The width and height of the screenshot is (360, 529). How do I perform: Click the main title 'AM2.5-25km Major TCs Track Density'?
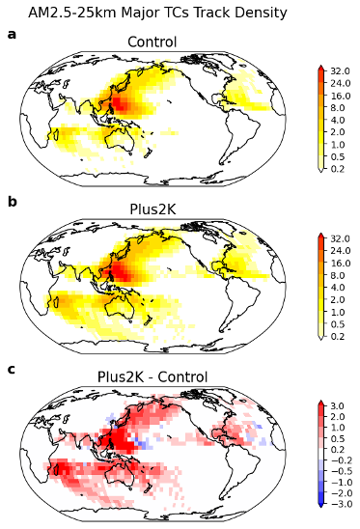157,13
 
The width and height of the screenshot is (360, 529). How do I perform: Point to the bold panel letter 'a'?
12,35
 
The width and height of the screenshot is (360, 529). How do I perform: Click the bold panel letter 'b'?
12,202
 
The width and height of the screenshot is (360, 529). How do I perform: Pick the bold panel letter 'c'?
12,369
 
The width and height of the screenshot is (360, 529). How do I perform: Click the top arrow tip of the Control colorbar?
320,68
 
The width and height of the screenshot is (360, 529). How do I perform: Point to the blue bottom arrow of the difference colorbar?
320,507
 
